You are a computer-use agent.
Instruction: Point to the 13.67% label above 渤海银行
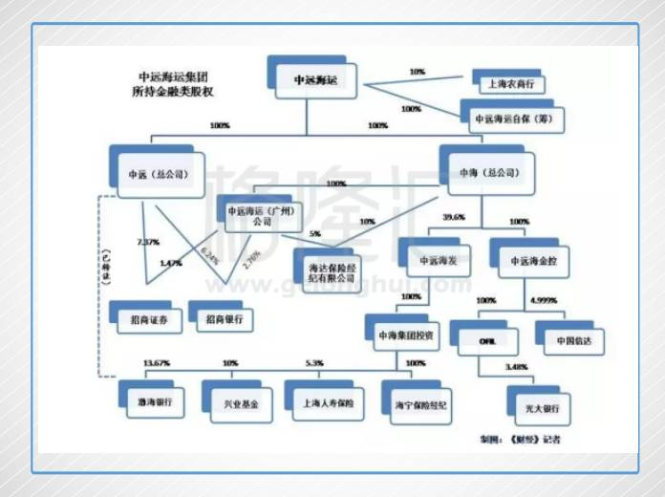point(153,364)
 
